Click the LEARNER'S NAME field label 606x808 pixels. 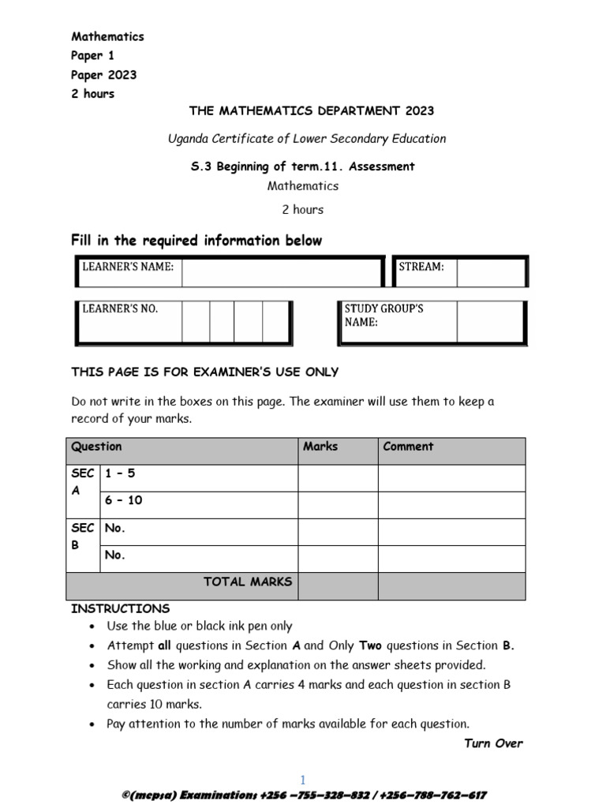128,267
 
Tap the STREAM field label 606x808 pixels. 421,267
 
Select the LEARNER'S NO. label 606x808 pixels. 120,309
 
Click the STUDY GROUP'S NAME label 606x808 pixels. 383,316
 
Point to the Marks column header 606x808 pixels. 320,447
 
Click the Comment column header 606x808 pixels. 408,447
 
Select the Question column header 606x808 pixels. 96,447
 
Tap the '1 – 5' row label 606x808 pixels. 120,473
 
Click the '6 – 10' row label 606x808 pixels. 123,500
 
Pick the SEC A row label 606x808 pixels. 83,482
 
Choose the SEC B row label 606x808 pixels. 83,536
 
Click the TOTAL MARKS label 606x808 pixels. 248,582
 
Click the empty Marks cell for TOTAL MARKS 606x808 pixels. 337,586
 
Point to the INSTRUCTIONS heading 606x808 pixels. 120,608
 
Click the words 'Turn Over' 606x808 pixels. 493,743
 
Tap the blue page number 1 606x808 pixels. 303,780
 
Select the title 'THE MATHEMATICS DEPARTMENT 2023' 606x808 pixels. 311,111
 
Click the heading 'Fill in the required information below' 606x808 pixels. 196,241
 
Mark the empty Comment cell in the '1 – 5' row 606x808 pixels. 451,478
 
